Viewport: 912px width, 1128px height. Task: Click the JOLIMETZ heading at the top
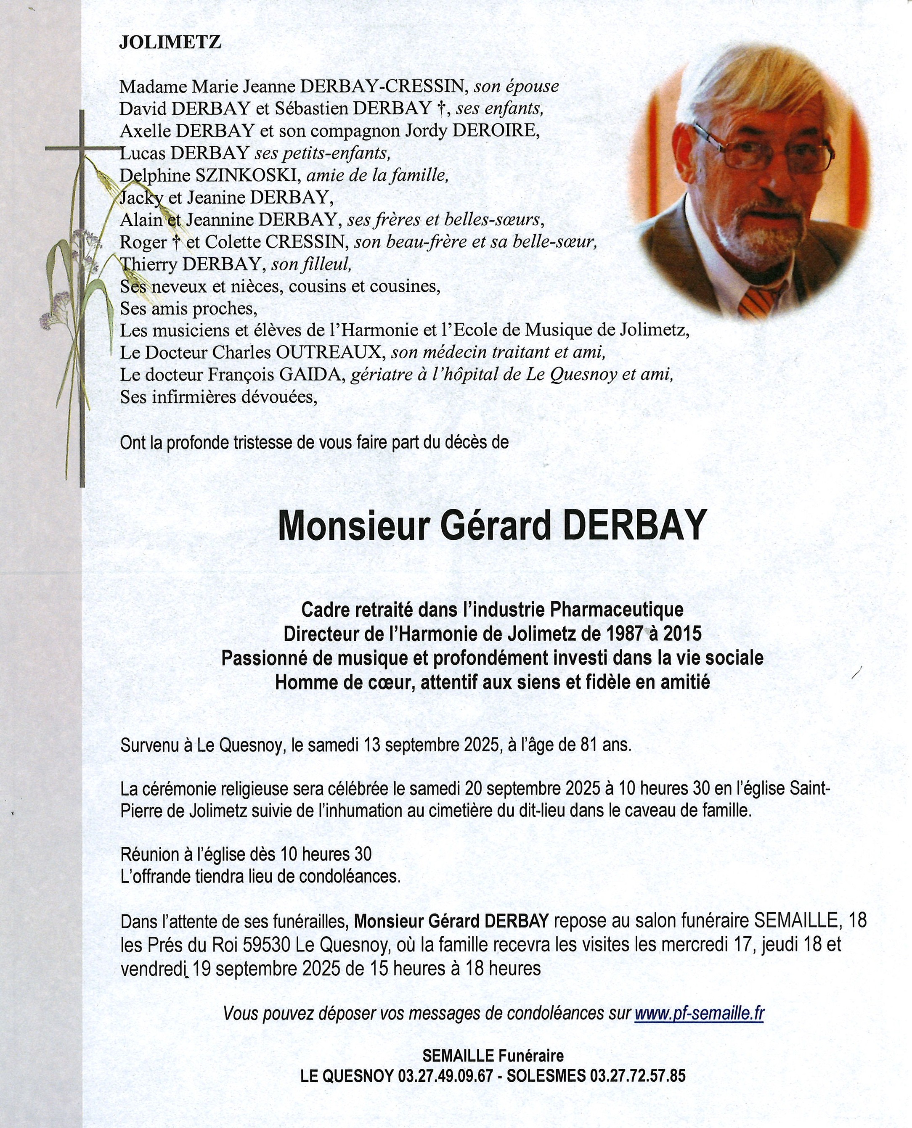click(x=170, y=42)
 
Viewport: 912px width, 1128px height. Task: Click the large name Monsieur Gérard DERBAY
click(x=490, y=526)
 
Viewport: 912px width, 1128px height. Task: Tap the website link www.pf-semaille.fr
click(x=699, y=1012)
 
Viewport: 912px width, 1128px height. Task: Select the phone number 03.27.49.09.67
click(x=445, y=1075)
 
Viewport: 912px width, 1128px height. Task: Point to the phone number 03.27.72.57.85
click(x=638, y=1075)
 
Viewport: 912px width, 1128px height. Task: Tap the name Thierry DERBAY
click(x=192, y=264)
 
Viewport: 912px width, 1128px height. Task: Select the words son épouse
click(x=517, y=86)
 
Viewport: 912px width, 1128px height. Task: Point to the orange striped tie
click(x=760, y=302)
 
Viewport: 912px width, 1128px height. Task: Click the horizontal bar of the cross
click(x=79, y=148)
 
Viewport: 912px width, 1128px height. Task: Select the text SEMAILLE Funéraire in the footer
click(x=493, y=1055)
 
